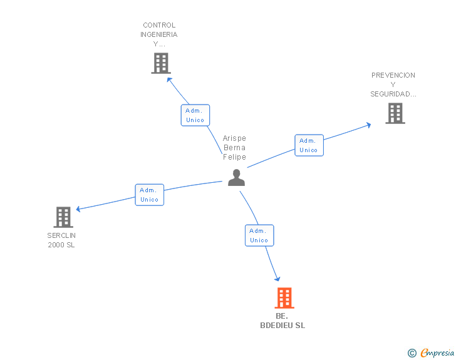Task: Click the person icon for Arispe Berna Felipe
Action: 236,178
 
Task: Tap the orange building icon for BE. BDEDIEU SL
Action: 284,298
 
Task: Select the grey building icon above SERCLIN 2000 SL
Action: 63,217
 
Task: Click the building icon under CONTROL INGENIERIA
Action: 161,63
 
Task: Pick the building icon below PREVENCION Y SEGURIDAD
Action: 395,113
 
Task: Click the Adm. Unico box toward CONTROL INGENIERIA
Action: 195,115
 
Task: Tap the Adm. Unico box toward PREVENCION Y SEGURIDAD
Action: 309,145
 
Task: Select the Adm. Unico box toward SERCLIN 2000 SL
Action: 149,195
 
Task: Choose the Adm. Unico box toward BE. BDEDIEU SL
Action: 259,235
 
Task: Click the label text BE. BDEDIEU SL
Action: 282,321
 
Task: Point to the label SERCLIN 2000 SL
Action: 61,240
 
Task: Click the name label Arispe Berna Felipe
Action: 235,148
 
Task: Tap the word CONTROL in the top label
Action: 159,26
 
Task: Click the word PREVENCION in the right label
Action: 393,75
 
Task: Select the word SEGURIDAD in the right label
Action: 393,94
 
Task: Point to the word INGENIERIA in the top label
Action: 159,35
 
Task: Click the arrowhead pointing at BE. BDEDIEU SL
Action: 277,279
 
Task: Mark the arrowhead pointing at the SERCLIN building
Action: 78,209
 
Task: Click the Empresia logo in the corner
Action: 437,352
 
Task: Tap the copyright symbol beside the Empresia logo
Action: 412,353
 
